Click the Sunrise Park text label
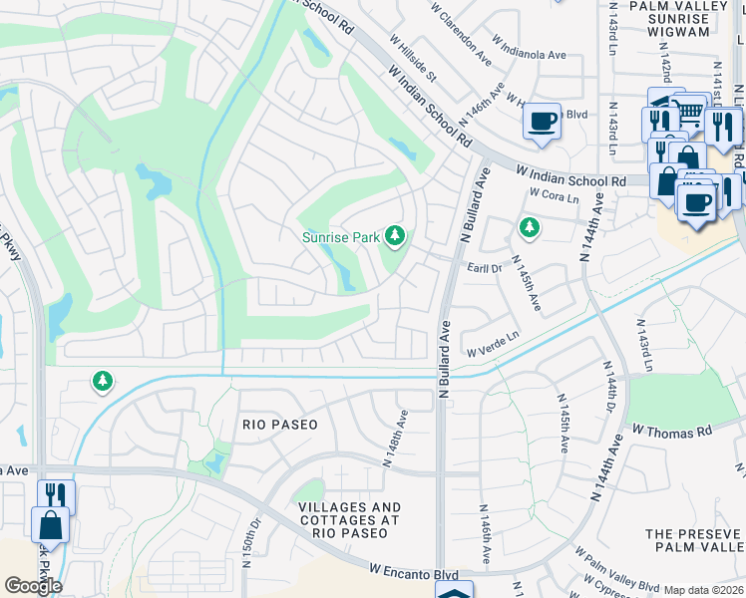[340, 237]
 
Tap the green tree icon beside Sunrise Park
[396, 236]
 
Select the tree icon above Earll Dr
[529, 228]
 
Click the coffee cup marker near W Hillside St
[542, 122]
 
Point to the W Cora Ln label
[554, 195]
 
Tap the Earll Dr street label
[484, 267]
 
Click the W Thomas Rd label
[672, 432]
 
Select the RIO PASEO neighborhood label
[280, 425]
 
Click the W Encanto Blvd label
[413, 573]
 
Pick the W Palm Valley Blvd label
[616, 567]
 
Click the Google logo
[32, 585]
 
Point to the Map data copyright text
[703, 590]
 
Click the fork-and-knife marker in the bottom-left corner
[56, 494]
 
